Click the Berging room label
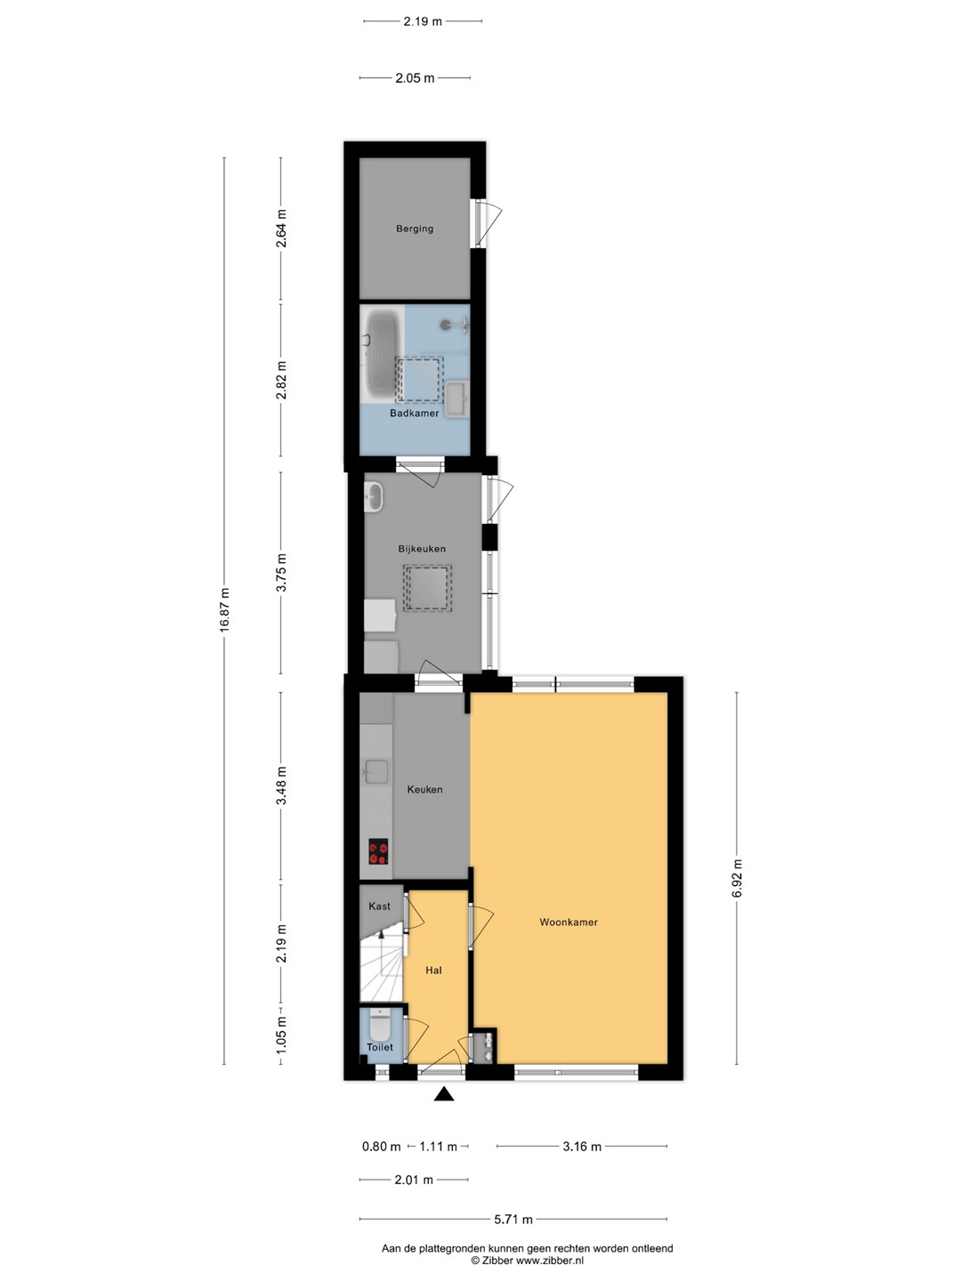(415, 229)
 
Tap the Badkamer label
(415, 413)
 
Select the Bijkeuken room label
(422, 549)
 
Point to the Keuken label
(424, 790)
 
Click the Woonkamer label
(569, 922)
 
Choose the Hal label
(433, 971)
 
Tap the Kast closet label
(379, 906)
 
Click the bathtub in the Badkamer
(382, 355)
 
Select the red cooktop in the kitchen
(379, 851)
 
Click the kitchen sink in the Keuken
(376, 771)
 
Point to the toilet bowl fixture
(380, 1025)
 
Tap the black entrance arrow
(444, 1094)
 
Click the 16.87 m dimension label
(225, 610)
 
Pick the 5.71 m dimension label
(513, 1219)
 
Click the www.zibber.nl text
(550, 1260)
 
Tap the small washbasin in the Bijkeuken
(374, 498)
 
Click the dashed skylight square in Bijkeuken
(428, 588)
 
